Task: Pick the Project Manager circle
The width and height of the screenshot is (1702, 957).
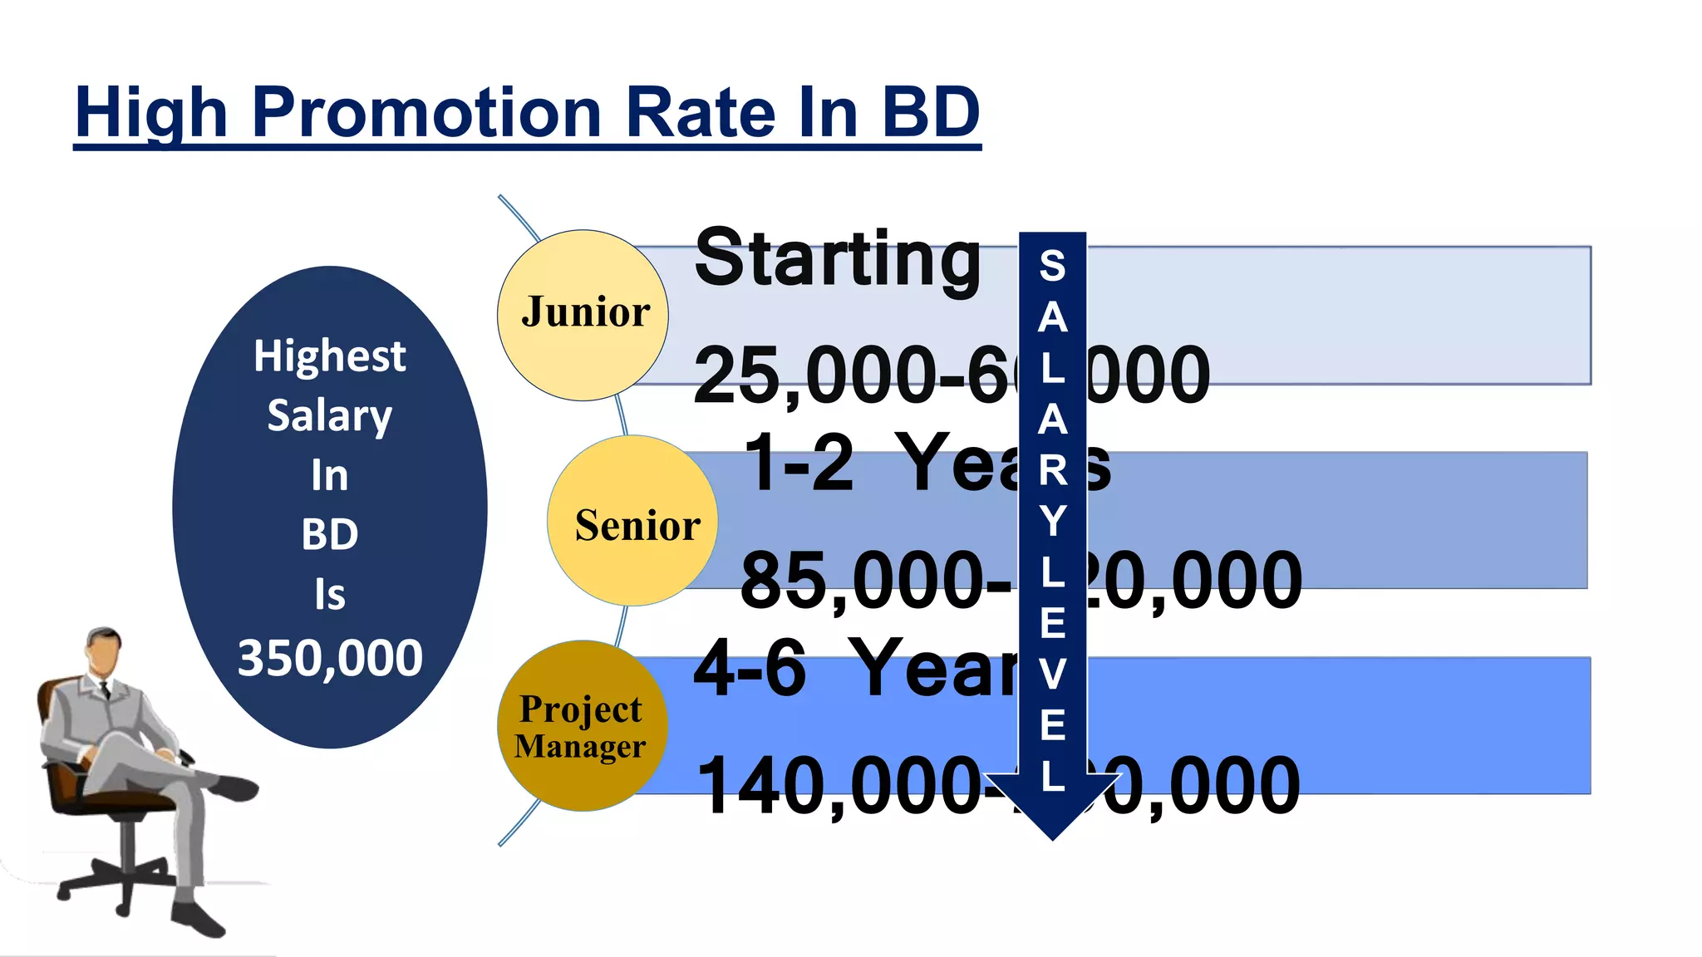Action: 582,726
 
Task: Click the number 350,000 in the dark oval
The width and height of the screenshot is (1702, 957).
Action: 330,658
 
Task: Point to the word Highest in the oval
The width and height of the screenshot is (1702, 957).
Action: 330,356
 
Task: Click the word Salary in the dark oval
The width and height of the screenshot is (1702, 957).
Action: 330,415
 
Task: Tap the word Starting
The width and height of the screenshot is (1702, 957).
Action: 838,258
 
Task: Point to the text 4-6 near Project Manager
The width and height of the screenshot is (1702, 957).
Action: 750,668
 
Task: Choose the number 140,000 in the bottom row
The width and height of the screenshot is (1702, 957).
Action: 839,785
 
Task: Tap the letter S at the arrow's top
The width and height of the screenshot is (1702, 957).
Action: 1052,266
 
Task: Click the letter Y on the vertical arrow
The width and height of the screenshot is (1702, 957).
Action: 1052,522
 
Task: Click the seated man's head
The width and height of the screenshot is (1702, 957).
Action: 104,650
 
